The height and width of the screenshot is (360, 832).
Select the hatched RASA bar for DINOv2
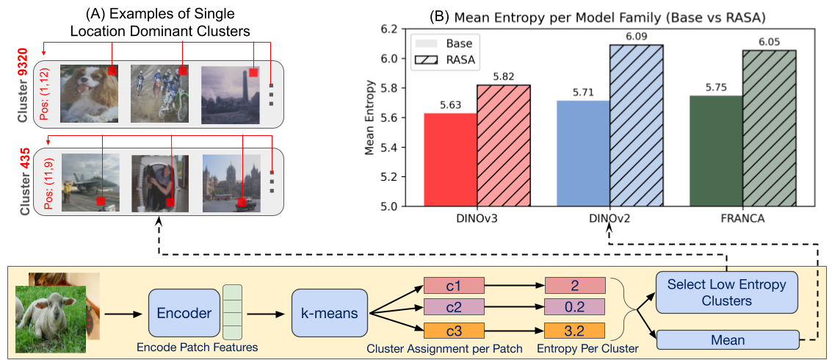click(x=637, y=125)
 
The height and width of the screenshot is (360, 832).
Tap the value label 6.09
click(x=637, y=36)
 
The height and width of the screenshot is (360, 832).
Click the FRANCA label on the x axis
click(x=742, y=218)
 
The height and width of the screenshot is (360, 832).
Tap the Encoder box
click(x=185, y=314)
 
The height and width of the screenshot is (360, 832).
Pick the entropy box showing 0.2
click(x=575, y=307)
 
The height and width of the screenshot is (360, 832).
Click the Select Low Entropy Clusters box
click(x=726, y=292)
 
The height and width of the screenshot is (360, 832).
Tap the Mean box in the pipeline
click(x=726, y=340)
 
